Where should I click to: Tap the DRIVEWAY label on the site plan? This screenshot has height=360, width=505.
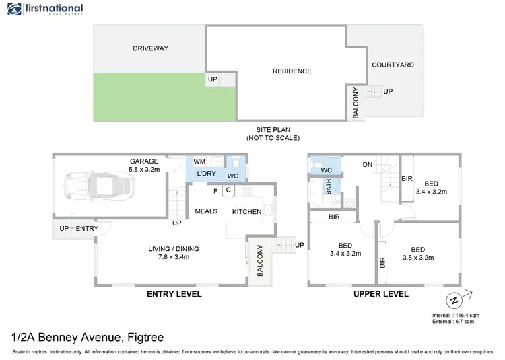150,48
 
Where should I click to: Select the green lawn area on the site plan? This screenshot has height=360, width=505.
162,97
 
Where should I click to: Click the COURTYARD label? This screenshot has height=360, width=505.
393,65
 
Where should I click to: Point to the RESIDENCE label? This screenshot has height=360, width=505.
292,71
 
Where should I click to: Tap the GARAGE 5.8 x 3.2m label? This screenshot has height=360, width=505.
144,166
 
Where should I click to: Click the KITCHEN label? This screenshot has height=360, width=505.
247,211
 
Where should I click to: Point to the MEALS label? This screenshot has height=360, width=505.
206,211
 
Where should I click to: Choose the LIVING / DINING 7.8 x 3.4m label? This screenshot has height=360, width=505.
174,253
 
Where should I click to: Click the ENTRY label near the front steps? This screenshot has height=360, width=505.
86,229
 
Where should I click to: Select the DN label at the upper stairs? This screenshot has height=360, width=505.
367,165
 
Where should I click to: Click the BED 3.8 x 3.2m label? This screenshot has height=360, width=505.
418,253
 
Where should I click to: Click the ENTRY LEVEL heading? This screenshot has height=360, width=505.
174,295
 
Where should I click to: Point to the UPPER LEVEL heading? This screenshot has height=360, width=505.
380,295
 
